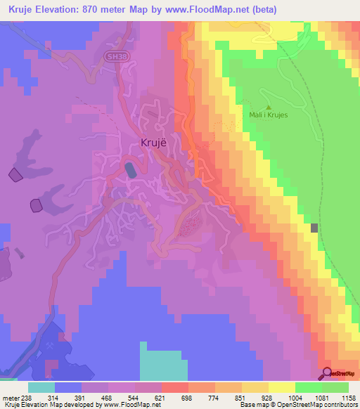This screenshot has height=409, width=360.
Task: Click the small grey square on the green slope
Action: [x=314, y=228]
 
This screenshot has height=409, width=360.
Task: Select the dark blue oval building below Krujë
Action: [x=131, y=170]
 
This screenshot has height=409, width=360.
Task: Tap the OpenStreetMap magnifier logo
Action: [x=328, y=373]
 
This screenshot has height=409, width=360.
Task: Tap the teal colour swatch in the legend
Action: [x=41, y=387]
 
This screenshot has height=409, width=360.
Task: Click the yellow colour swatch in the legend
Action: [x=281, y=387]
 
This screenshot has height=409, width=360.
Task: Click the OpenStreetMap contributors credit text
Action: [x=319, y=405]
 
